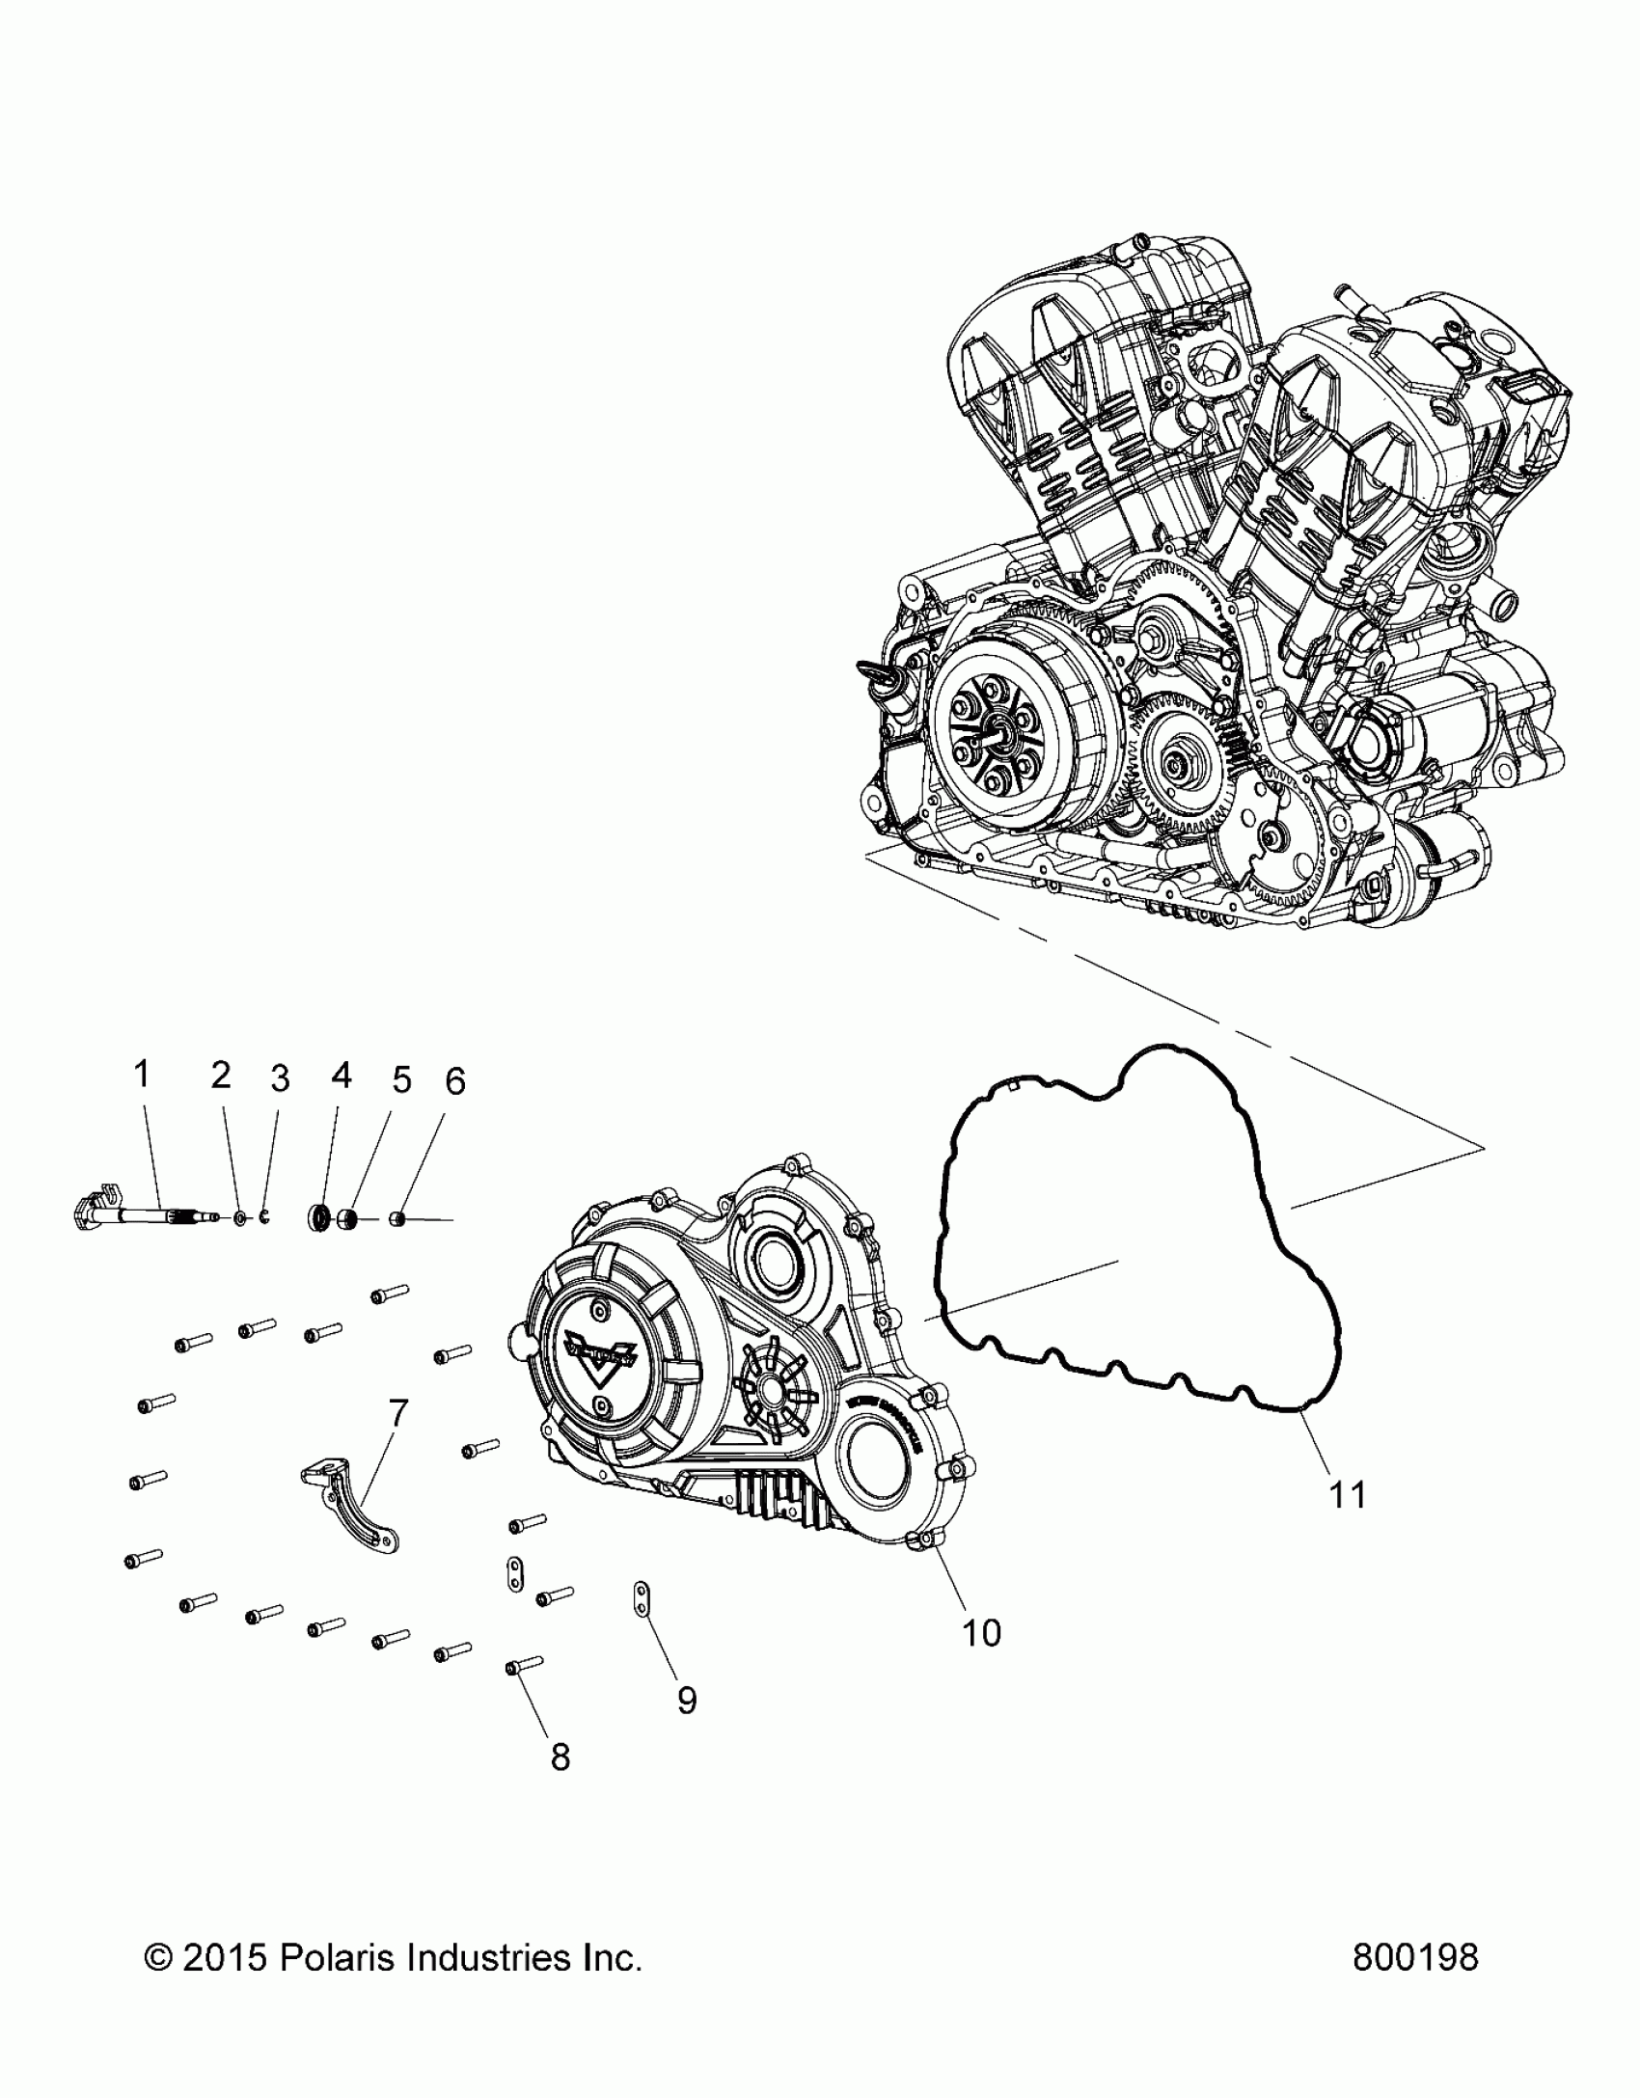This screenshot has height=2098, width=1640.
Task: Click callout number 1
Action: click(142, 1073)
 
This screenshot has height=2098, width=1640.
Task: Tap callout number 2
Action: click(221, 1075)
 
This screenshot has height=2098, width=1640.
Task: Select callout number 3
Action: click(279, 1078)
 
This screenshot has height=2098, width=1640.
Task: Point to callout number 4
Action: click(341, 1075)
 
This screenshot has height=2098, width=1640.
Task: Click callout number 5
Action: click(400, 1078)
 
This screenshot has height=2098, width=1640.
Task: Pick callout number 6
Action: click(454, 1081)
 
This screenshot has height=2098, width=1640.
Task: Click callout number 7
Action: click(397, 1413)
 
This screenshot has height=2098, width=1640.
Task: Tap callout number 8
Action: click(560, 1757)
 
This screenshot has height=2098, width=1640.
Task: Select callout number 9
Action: click(686, 1700)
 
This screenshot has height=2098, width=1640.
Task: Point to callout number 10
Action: click(981, 1632)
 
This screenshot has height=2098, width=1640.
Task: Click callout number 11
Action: click(1348, 1521)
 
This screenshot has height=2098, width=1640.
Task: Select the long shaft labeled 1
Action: click(154, 1217)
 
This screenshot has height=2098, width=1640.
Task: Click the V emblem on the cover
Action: click(601, 1359)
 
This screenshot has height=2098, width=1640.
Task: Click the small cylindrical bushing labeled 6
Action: click(396, 1220)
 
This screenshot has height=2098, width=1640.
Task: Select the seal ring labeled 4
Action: click(319, 1217)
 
